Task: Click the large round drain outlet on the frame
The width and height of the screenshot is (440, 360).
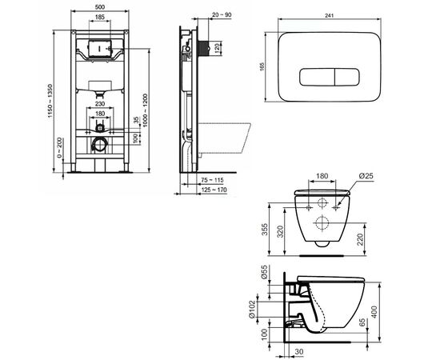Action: pos(98,146)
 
